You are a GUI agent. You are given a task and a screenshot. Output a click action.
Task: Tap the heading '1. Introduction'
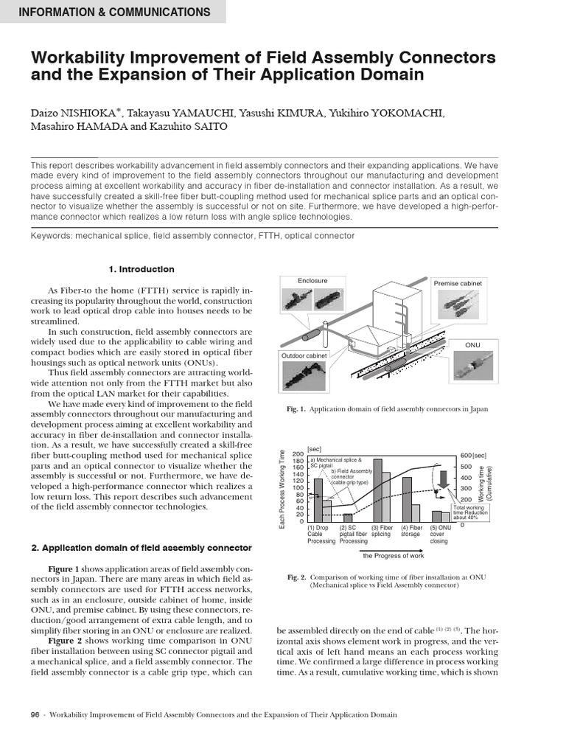click(141, 269)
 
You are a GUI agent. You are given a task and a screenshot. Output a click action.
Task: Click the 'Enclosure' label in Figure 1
click(312, 281)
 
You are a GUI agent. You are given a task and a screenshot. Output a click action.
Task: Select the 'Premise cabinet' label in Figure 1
click(458, 283)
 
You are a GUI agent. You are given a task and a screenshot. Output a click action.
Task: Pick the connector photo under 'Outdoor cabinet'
click(308, 378)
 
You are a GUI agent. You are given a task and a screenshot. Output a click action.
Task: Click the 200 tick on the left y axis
click(296, 454)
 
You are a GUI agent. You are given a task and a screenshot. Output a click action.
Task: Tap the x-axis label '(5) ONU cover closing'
click(440, 534)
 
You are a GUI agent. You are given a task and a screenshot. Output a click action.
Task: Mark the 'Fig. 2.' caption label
click(296, 577)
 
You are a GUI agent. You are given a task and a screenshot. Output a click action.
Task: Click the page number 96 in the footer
click(35, 714)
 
